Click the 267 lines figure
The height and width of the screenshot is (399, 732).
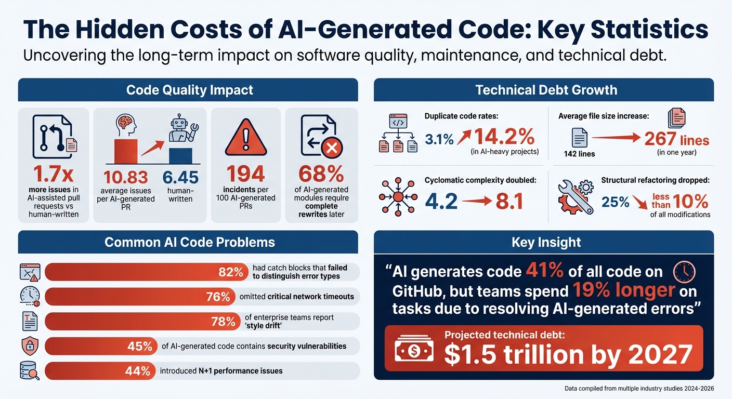click(x=676, y=139)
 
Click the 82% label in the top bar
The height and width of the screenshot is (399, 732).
click(x=230, y=272)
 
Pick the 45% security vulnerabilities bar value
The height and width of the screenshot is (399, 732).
click(x=140, y=346)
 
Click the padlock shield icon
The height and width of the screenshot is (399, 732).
click(x=29, y=346)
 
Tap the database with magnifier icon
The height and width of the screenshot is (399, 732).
click(x=29, y=371)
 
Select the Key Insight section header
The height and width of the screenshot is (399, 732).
click(x=543, y=242)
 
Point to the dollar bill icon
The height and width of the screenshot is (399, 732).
click(x=414, y=351)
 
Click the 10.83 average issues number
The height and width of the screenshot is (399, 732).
click(x=125, y=177)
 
